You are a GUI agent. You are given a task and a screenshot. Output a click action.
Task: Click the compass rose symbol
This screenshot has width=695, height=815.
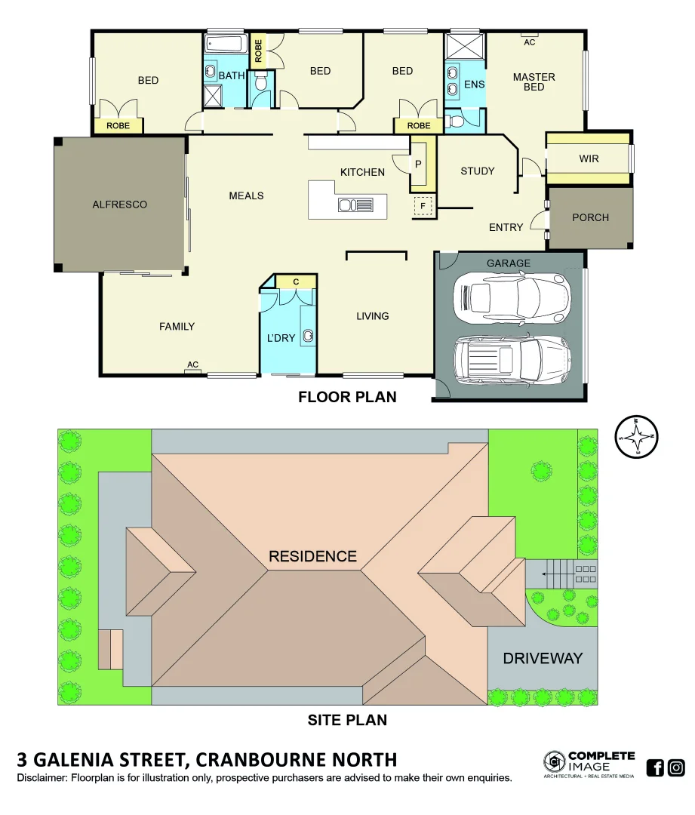pyautogui.click(x=637, y=437)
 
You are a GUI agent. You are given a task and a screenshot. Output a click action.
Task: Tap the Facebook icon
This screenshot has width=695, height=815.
pyautogui.click(x=655, y=767)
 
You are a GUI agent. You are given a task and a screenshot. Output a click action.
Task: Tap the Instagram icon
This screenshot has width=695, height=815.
pyautogui.click(x=676, y=767)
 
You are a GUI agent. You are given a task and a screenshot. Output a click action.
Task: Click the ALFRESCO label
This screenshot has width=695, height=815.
pyautogui.click(x=119, y=205)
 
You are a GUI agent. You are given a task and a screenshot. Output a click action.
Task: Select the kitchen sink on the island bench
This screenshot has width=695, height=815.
pyautogui.click(x=355, y=205)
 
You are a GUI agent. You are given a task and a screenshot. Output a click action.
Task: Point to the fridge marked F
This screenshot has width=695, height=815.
pyautogui.click(x=423, y=206)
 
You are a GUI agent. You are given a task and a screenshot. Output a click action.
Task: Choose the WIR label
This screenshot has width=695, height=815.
pyautogui.click(x=589, y=159)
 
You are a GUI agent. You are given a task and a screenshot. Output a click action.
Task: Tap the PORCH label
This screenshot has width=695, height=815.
pyautogui.click(x=590, y=217)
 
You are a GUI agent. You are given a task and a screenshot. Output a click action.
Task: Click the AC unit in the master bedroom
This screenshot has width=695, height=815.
pyautogui.click(x=529, y=35)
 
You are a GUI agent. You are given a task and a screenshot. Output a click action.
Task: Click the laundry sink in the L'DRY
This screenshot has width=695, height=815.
pyautogui.click(x=309, y=335)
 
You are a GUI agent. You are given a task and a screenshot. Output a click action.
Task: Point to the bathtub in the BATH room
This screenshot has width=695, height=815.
pyautogui.click(x=225, y=44)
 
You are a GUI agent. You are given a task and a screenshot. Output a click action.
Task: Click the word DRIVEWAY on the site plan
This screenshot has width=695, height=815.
pyautogui.click(x=543, y=658)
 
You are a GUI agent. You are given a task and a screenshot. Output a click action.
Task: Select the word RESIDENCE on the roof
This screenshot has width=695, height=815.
pyautogui.click(x=312, y=556)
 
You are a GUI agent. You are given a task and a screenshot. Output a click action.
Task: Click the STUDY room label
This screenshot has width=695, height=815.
pyautogui.click(x=477, y=171)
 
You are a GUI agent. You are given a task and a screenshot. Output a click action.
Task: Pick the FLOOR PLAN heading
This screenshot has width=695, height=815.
pyautogui.click(x=347, y=396)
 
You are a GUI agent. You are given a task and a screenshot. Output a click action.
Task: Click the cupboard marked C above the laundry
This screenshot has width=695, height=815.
pyautogui.click(x=296, y=281)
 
